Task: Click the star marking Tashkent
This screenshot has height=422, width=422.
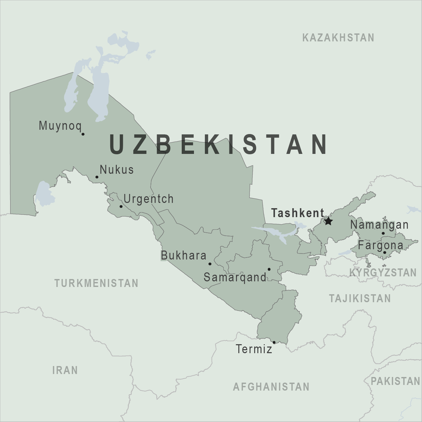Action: (x=328, y=221)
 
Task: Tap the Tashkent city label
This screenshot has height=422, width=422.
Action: (x=298, y=213)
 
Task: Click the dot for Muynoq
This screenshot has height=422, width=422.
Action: (x=83, y=134)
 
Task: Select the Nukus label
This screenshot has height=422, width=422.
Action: (x=117, y=170)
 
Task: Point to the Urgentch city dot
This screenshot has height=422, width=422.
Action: (x=121, y=207)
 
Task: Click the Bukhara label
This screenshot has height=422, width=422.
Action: (x=184, y=256)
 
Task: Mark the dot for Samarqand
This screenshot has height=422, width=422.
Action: (x=269, y=269)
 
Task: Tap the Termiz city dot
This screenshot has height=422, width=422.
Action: (x=274, y=342)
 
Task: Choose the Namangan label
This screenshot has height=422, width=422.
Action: (x=379, y=225)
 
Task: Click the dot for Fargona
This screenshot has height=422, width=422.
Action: (x=385, y=253)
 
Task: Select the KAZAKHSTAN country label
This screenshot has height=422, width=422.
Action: (x=338, y=38)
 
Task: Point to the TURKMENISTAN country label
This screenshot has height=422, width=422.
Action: (x=96, y=283)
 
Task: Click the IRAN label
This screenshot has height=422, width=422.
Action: (x=65, y=370)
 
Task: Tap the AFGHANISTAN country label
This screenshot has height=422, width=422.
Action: (x=271, y=387)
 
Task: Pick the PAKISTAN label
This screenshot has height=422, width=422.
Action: (x=395, y=381)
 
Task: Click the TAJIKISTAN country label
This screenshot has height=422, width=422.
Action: (x=360, y=299)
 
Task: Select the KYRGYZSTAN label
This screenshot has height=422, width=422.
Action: (x=383, y=273)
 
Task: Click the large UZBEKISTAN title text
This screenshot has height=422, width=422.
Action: (x=219, y=145)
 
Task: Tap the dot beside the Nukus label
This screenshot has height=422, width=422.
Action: (x=97, y=177)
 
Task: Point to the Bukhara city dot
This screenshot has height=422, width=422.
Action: (x=210, y=264)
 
